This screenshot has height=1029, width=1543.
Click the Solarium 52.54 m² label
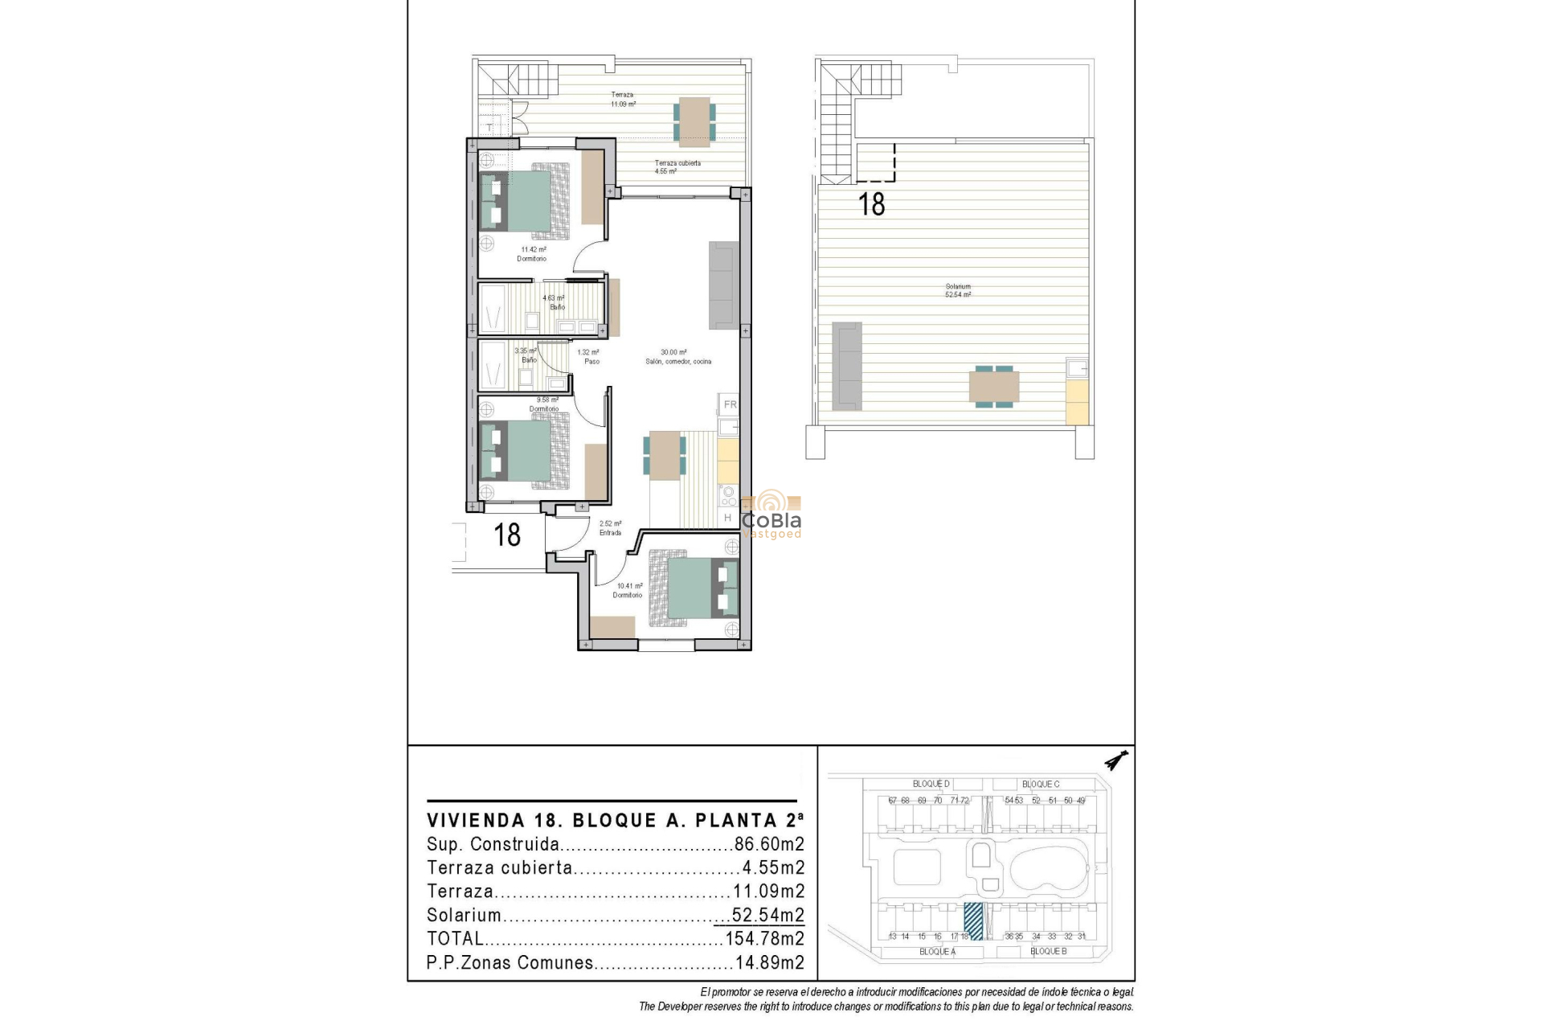tap(958, 290)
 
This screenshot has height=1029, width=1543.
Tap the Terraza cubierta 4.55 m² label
tap(677, 167)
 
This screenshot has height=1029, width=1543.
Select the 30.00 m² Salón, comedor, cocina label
tap(677, 357)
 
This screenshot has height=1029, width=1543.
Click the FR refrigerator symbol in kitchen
tap(730, 404)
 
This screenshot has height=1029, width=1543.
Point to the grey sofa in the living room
tap(723, 285)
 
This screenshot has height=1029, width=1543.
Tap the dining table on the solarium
tap(994, 387)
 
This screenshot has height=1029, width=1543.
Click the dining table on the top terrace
tap(693, 121)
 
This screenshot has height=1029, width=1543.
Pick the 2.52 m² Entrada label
tap(610, 528)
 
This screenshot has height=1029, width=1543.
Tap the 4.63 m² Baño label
tap(555, 302)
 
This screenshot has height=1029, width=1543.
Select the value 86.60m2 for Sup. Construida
tap(769, 844)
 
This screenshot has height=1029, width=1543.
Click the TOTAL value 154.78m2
tap(764, 938)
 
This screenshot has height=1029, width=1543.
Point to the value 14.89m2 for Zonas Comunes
tap(769, 962)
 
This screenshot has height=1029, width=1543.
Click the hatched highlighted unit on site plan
tap(973, 920)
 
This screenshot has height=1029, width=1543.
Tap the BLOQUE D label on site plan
tap(931, 784)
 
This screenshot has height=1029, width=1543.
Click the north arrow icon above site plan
tap(1116, 760)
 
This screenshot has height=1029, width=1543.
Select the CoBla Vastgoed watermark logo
tap(771, 515)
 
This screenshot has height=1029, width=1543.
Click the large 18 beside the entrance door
tap(507, 535)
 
